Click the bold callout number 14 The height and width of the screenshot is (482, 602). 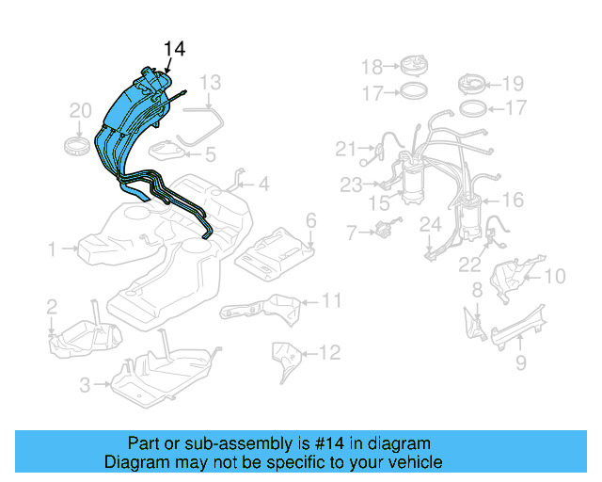[x=175, y=50]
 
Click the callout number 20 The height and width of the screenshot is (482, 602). [x=80, y=112]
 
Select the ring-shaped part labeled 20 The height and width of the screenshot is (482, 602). [x=78, y=146]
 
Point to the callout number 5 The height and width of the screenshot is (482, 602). [x=210, y=153]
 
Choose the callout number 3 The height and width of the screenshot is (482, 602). [x=84, y=384]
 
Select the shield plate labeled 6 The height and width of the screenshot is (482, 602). [x=273, y=251]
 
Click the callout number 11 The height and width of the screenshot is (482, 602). [x=330, y=301]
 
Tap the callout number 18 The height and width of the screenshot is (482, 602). [x=372, y=66]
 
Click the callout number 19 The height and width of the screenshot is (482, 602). [x=512, y=82]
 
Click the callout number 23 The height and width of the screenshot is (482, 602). [x=351, y=185]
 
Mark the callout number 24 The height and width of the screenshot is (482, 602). [x=430, y=224]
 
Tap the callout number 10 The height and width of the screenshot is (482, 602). [x=554, y=276]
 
